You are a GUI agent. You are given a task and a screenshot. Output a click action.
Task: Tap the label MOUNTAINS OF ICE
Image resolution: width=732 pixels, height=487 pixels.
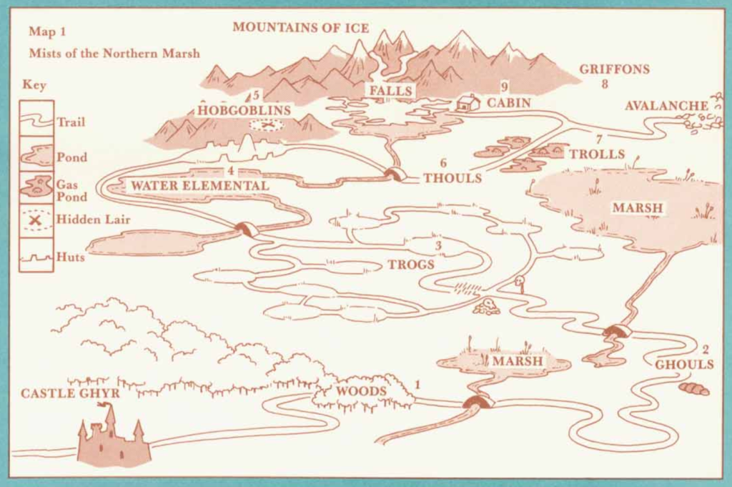[300, 28]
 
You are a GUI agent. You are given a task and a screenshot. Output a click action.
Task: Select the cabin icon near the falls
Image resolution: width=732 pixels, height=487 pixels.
[468, 103]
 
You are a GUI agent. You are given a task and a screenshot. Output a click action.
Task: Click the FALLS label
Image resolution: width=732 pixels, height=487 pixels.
[390, 91]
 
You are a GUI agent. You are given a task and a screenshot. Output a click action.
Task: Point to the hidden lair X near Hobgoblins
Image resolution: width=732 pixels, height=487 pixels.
[267, 126]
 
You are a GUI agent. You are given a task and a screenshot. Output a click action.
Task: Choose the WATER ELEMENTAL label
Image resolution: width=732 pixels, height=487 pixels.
[199, 186]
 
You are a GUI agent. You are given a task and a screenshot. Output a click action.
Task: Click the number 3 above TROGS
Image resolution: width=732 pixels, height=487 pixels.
[438, 247]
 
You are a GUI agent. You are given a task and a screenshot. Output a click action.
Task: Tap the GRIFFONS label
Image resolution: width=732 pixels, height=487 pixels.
[614, 69]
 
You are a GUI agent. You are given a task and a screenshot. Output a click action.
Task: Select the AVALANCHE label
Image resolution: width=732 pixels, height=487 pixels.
[666, 106]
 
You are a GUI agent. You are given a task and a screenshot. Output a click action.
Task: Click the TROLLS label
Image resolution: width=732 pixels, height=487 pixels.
[597, 154]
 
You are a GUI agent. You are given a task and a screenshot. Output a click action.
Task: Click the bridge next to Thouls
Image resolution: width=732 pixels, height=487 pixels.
[392, 174]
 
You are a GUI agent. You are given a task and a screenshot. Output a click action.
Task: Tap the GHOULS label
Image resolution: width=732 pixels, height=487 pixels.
[684, 365]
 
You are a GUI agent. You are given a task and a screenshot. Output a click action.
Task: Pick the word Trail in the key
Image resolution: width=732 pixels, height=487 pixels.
[71, 122]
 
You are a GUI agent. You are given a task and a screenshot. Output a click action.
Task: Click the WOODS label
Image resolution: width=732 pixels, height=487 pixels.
[361, 391]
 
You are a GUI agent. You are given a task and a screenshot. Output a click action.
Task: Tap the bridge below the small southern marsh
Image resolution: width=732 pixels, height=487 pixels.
[478, 403]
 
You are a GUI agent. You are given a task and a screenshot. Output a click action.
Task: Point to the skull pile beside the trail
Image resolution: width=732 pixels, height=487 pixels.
[488, 307]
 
